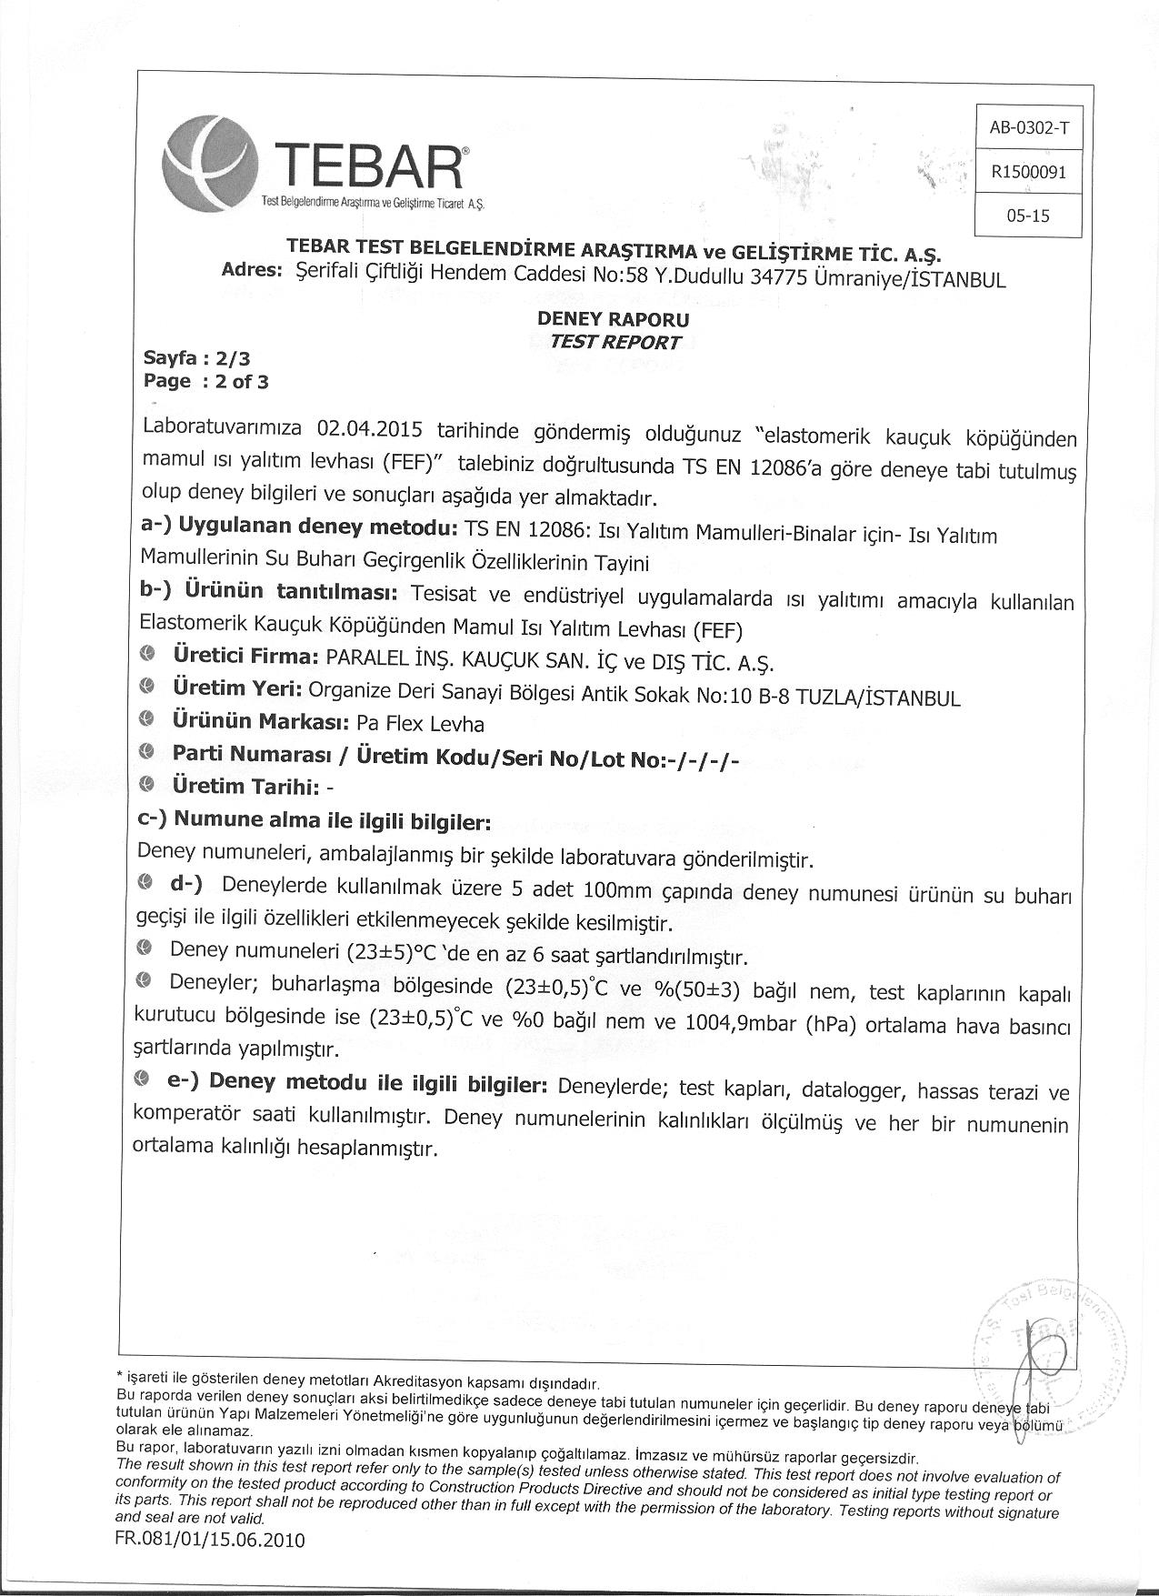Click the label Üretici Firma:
pyautogui.click(x=244, y=657)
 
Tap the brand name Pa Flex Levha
pyautogui.click(x=420, y=724)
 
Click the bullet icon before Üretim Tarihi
pyautogui.click(x=149, y=783)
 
